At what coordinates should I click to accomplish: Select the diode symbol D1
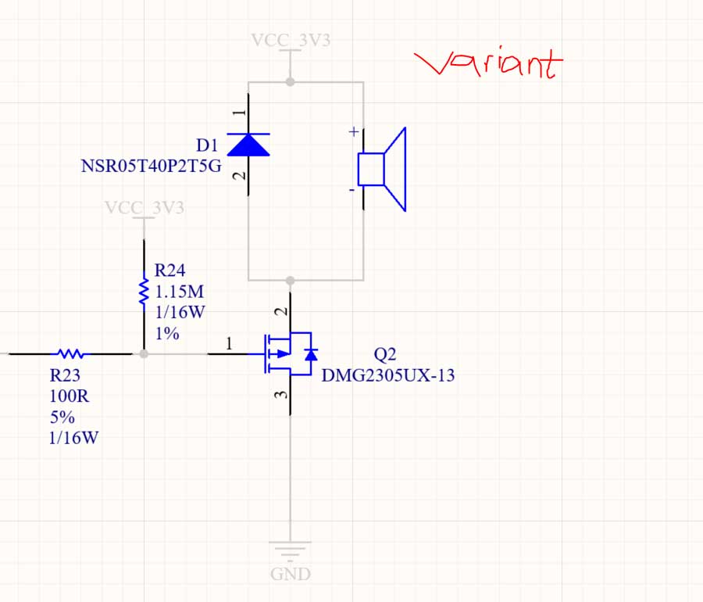coord(248,145)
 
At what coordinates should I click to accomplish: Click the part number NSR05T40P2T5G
coord(151,166)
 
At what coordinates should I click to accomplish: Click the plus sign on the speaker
coord(354,132)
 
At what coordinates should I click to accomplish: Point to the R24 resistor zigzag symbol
coord(144,291)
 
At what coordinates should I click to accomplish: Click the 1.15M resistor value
coord(179,292)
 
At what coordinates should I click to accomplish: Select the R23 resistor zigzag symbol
coord(71,353)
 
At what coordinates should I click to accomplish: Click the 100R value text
coord(69,396)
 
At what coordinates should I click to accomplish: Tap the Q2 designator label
coord(386,356)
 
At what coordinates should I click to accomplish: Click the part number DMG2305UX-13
coord(388,376)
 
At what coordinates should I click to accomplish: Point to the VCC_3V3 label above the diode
coord(291,41)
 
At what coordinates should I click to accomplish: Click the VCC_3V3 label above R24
coord(145,208)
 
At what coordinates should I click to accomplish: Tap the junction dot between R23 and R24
coord(144,353)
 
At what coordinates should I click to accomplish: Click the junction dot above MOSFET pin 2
coord(291,280)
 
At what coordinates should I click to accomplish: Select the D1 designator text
coord(207,145)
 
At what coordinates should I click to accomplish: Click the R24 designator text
coord(170,271)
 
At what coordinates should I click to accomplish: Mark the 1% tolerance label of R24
coord(167,333)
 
